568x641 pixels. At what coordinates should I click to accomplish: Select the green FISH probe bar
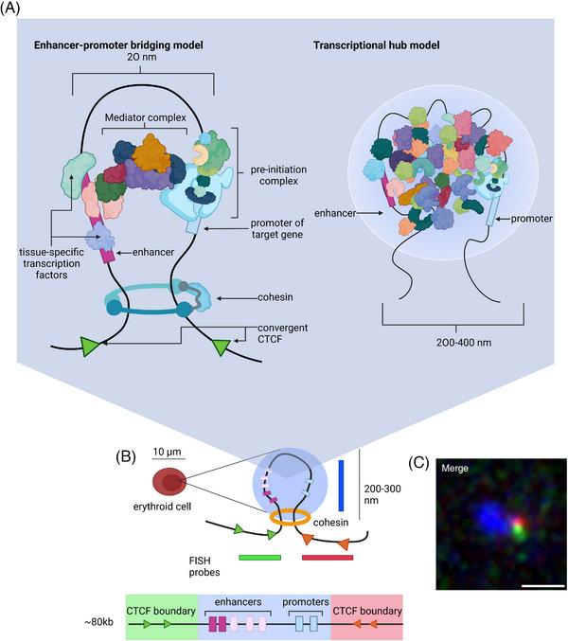259,557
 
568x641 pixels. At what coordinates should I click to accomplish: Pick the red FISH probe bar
328,557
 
